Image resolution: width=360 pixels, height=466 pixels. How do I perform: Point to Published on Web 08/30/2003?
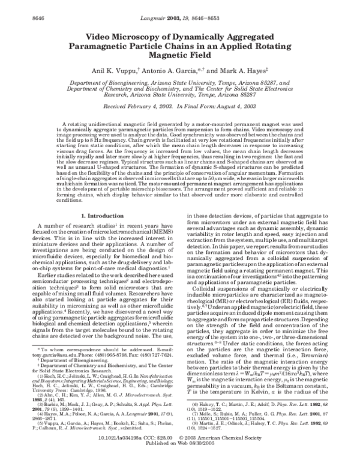tap(179, 461)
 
